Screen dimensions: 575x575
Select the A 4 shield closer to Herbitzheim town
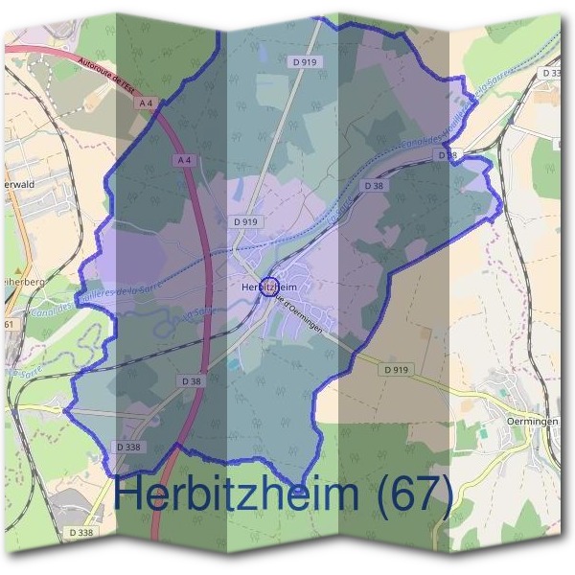click(184, 162)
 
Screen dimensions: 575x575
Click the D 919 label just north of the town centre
click(245, 221)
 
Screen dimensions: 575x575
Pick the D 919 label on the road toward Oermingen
click(395, 369)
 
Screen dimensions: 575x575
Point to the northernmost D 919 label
click(303, 61)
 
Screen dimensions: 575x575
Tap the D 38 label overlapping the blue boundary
click(448, 154)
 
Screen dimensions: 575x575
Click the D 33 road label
click(552, 73)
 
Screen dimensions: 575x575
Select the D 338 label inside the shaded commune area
click(129, 447)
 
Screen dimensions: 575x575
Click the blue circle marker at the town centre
click(269, 287)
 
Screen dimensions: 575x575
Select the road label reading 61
click(11, 326)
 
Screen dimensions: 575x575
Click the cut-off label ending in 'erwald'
click(19, 183)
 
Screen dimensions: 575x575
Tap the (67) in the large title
click(414, 494)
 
